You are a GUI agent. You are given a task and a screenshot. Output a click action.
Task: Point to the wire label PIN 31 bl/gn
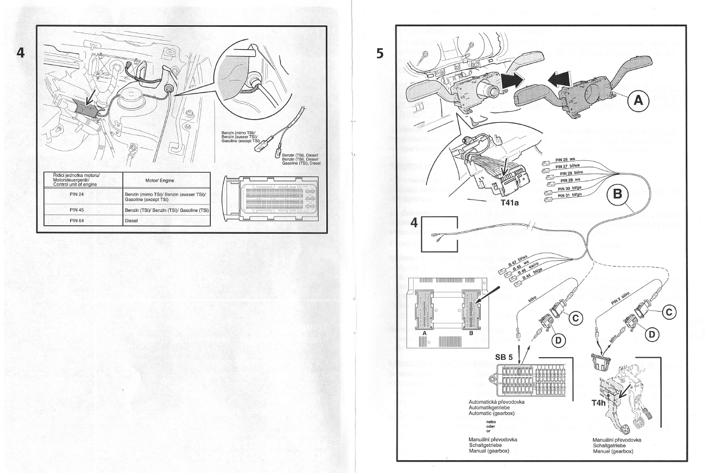pos(571,195)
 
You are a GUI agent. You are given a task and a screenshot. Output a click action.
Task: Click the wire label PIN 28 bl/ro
pos(571,173)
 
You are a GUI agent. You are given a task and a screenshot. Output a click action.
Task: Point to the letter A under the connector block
pos(424,333)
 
